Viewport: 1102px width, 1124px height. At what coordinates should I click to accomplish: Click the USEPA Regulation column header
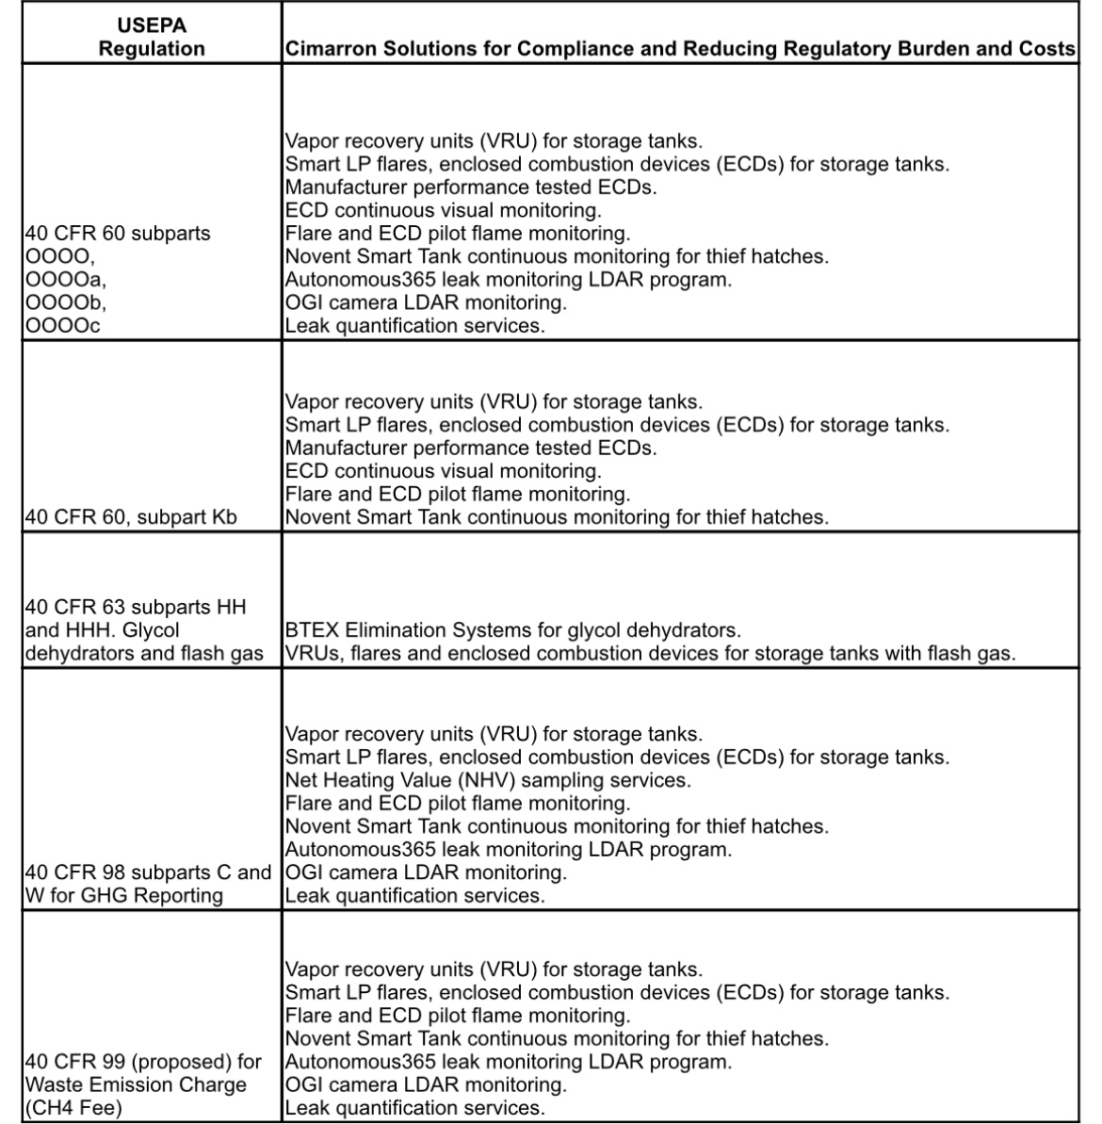[152, 37]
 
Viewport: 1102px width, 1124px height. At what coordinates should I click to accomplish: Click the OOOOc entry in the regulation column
[63, 325]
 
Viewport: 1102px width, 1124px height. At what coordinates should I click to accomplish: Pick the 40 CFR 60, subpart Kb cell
[131, 517]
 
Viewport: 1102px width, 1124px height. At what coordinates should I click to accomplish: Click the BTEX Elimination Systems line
[512, 629]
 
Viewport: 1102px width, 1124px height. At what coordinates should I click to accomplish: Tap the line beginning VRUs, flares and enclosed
[650, 653]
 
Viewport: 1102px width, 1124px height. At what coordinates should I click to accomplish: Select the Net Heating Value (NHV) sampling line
[487, 780]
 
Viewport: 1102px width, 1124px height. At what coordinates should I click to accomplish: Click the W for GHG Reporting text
[124, 895]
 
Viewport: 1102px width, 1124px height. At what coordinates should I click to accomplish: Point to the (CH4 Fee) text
[73, 1108]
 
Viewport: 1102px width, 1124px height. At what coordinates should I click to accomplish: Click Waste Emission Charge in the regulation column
[136, 1084]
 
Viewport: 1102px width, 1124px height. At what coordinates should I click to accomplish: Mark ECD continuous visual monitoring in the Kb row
[443, 471]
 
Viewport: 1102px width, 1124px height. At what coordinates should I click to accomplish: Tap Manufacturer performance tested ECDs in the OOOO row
[471, 187]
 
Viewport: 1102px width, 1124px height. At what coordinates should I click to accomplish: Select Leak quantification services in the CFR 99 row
[414, 1108]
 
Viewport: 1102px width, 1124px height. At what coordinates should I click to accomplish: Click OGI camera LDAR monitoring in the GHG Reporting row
[426, 872]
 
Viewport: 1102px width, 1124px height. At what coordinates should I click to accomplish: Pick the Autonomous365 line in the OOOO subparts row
[508, 279]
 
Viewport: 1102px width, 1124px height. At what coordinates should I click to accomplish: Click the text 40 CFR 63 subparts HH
[136, 607]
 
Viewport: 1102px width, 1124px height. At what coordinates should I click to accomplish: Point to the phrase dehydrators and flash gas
[144, 653]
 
